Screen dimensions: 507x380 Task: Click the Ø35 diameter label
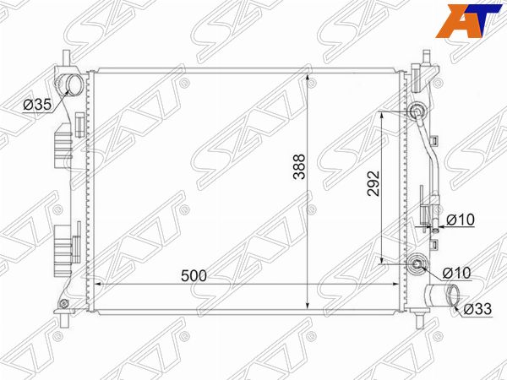[37, 105]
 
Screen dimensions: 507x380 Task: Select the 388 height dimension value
[299, 166]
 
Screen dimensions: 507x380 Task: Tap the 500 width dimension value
[194, 275]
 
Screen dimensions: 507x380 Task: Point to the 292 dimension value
[373, 183]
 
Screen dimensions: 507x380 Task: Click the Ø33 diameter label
[477, 309]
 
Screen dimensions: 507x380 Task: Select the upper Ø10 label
[461, 220]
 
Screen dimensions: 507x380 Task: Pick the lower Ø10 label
[457, 273]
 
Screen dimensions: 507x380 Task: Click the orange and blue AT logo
[468, 20]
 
